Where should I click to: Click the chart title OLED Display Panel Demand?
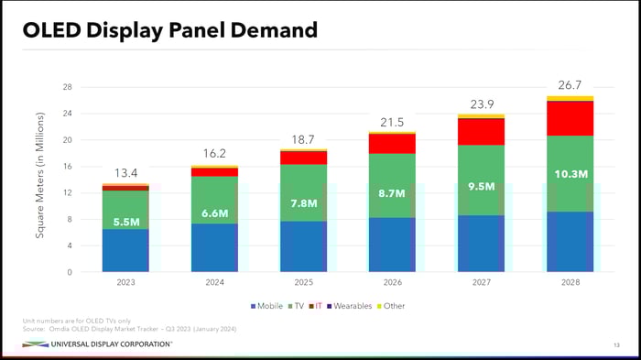click(170, 30)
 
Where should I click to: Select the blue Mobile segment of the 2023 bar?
click(125, 250)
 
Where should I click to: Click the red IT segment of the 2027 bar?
click(482, 132)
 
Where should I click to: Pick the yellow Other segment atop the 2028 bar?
click(570, 98)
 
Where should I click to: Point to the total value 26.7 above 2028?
click(570, 85)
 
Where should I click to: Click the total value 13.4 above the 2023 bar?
click(125, 173)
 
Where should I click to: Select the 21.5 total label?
click(392, 122)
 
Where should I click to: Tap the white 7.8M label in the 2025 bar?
click(304, 203)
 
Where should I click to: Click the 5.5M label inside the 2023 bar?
click(125, 222)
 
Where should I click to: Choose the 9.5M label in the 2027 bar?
click(482, 186)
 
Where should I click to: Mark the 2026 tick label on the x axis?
click(392, 283)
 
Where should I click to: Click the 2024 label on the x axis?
click(214, 283)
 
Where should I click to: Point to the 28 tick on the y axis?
click(67, 88)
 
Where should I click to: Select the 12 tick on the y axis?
click(67, 193)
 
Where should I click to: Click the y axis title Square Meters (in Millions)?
click(39, 177)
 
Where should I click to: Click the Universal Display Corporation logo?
click(96, 344)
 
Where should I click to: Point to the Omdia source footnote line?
click(129, 327)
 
